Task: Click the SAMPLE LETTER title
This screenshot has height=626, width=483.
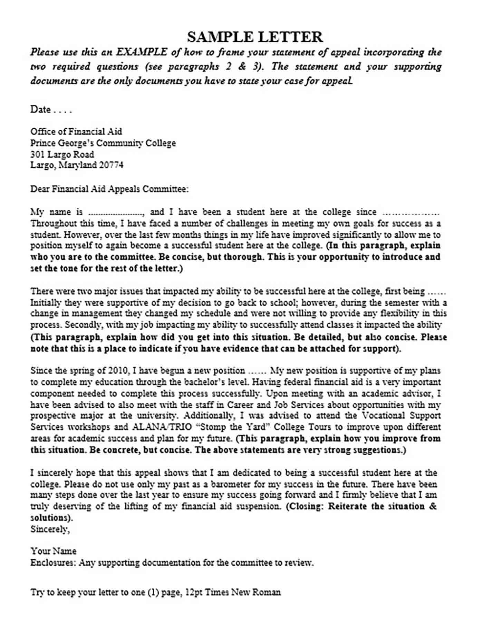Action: [255, 37]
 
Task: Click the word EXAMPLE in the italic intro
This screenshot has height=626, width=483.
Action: [141, 52]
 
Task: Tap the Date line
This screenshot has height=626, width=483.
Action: [51, 110]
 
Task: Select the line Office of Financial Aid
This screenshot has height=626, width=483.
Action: [76, 131]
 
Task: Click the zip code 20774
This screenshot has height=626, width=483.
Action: [111, 165]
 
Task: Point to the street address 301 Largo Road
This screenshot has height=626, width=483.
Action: [62, 154]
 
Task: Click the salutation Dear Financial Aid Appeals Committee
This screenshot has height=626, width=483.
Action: [109, 189]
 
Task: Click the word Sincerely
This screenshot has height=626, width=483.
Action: [50, 529]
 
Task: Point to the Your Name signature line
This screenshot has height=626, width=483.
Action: [54, 551]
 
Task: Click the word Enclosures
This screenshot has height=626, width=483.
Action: [53, 563]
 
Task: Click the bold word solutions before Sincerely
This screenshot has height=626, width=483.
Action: [50, 518]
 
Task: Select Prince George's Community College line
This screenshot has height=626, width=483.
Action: [103, 143]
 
